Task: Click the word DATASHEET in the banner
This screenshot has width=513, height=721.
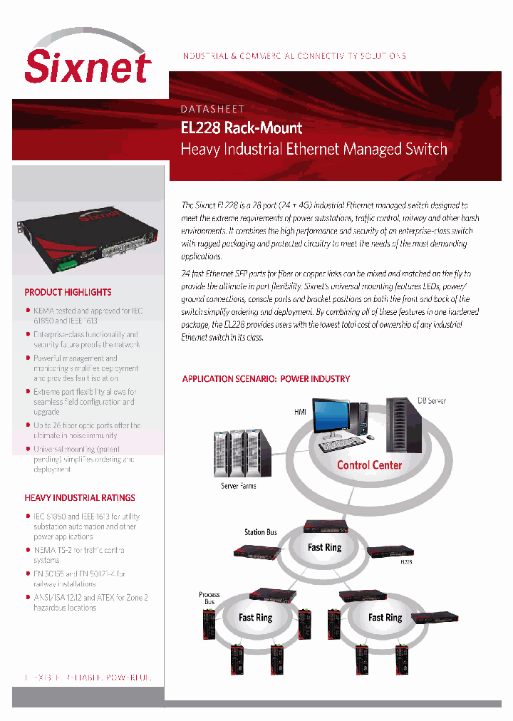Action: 212,109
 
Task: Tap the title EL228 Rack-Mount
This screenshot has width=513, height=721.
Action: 242,128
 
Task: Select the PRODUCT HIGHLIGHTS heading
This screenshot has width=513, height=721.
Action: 68,292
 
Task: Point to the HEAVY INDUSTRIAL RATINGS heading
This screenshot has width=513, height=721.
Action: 80,498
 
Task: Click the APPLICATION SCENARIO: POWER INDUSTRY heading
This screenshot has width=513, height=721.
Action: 266,379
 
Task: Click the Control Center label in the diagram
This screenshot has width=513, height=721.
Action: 369,465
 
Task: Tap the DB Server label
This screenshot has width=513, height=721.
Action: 431,401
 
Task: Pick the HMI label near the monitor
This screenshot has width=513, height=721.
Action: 300,413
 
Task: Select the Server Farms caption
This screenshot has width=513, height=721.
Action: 239,486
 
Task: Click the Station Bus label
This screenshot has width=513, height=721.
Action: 260,532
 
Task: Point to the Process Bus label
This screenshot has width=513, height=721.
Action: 209,598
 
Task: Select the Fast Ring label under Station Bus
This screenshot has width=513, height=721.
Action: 324,547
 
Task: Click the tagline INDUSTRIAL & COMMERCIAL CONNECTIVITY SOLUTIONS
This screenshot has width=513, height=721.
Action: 294,56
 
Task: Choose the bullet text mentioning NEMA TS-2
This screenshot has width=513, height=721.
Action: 78,555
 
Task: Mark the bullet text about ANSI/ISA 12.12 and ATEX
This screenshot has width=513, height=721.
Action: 90,603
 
